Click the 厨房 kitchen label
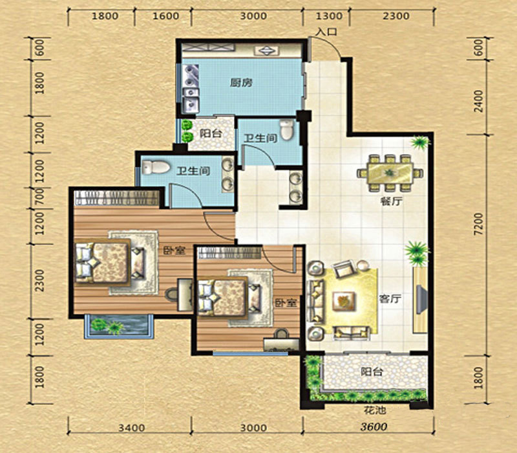tap(241, 82)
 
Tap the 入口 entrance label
tap(326, 32)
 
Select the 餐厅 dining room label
tap(391, 201)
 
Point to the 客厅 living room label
tap(390, 299)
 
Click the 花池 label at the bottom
tap(375, 410)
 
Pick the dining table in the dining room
tap(390, 173)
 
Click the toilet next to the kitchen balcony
tap(286, 129)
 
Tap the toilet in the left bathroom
tap(156, 168)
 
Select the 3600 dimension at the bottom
tap(374, 427)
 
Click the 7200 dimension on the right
tap(479, 224)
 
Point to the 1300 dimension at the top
tap(329, 16)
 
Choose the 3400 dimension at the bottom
tap(132, 428)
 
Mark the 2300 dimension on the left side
tap(39, 281)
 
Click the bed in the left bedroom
tap(103, 263)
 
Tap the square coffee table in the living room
tap(344, 302)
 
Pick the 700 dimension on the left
tap(39, 198)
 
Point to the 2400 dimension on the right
tap(479, 102)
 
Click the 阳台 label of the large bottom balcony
tap(372, 371)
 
